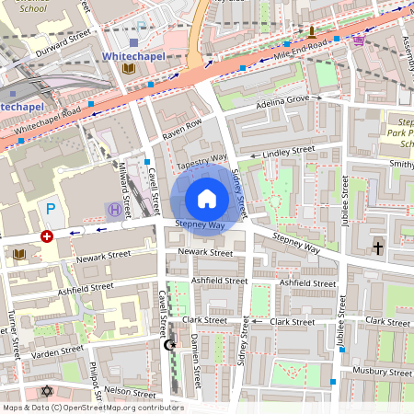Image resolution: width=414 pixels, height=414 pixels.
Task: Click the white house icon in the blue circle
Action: pos(207,198)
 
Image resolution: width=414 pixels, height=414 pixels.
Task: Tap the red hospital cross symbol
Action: pos(47,236)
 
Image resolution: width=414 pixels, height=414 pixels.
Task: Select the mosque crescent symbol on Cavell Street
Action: pos(168,345)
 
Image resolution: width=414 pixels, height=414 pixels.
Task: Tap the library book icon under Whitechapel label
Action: pos(128,70)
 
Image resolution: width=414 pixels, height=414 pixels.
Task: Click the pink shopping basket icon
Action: pos(358,40)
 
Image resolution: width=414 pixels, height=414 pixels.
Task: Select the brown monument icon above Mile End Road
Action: pos(311,30)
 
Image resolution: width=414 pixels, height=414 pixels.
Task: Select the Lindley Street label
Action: pos(289,150)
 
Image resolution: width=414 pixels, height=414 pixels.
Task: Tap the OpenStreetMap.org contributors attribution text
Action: pos(117,408)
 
